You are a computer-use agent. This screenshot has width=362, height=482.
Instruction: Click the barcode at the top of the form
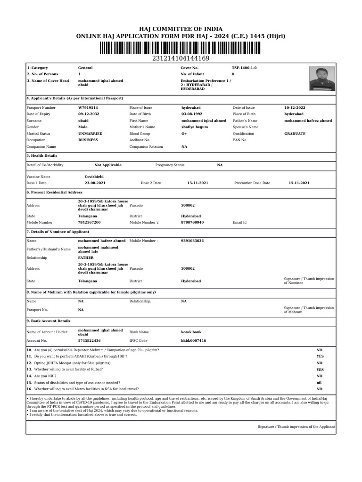click(x=181, y=48)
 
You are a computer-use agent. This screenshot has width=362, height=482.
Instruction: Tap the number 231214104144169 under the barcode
click(x=181, y=58)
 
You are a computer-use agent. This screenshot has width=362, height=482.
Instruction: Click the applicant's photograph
click(x=322, y=78)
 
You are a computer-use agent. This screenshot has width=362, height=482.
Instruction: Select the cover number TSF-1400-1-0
click(x=244, y=68)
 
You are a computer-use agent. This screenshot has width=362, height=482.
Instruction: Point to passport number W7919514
click(x=88, y=108)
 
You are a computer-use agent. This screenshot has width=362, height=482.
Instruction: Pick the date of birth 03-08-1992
click(x=192, y=114)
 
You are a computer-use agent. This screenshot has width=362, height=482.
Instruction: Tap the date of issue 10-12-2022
click(x=295, y=108)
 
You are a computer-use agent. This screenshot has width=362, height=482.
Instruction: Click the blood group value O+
click(x=184, y=134)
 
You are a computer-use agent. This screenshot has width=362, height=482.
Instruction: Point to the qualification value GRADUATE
click(x=295, y=134)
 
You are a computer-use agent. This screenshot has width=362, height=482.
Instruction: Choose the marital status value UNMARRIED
click(x=90, y=134)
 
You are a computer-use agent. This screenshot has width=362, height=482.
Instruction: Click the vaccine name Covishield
click(x=94, y=177)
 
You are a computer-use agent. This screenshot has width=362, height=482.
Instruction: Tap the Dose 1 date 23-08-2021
click(x=95, y=183)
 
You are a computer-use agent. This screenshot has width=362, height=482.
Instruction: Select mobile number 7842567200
click(x=89, y=222)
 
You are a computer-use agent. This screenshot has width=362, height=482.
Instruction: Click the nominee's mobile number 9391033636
click(x=192, y=241)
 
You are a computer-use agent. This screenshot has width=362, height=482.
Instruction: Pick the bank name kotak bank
click(x=191, y=332)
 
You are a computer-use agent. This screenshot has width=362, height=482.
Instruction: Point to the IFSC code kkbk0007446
click(x=193, y=340)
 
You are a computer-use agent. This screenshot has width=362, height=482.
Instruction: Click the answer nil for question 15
click(x=319, y=383)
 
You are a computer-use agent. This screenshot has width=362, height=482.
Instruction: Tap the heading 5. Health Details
click(x=42, y=155)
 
